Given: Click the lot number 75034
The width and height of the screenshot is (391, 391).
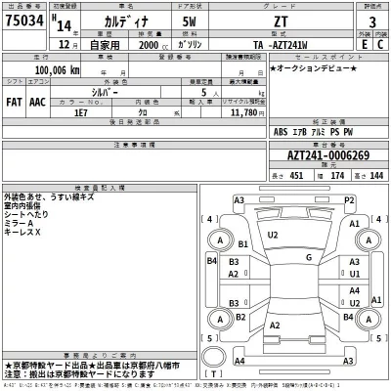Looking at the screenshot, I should click(x=26, y=22).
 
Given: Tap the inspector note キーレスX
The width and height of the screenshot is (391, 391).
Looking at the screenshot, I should click(x=25, y=234).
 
